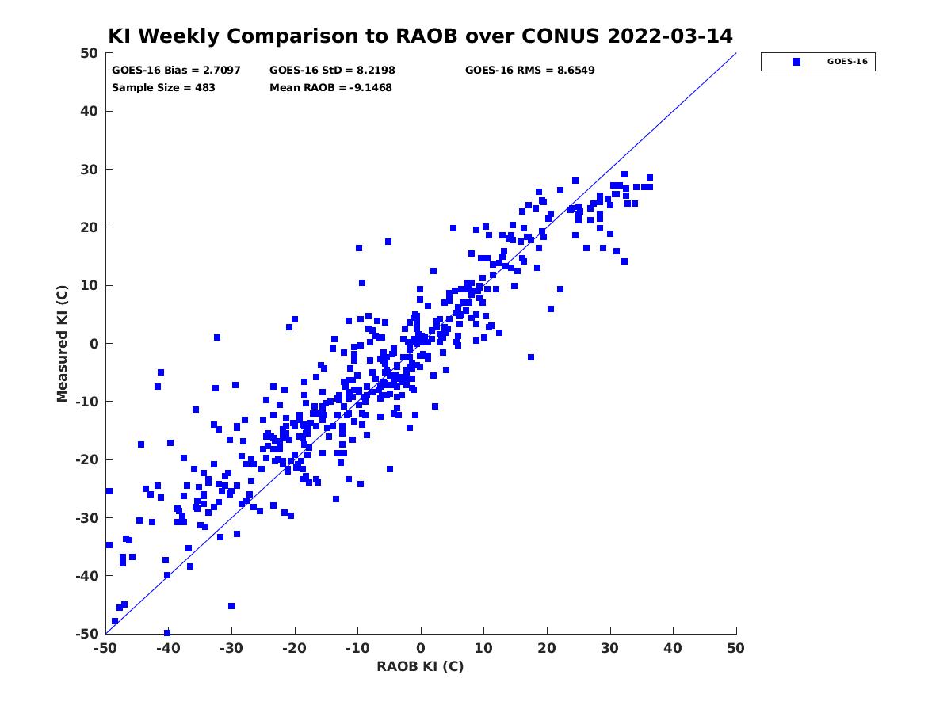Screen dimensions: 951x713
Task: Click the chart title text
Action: point(420,36)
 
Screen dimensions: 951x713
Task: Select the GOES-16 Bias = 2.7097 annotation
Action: point(176,71)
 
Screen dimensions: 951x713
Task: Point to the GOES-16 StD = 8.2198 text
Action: point(332,71)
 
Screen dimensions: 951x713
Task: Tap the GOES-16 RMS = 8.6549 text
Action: point(529,71)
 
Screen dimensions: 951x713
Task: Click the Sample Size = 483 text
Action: point(163,88)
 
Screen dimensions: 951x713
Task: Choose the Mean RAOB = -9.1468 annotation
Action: point(330,88)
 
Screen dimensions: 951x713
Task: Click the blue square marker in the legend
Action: point(796,62)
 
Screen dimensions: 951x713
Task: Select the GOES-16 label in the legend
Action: point(847,62)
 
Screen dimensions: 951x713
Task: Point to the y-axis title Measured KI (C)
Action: point(62,343)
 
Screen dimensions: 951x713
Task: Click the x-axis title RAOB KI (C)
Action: point(420,666)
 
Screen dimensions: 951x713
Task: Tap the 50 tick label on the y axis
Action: point(90,53)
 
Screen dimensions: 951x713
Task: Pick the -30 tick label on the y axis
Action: point(86,518)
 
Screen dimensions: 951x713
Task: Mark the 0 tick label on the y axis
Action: point(94,344)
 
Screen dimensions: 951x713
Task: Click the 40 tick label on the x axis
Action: point(673,648)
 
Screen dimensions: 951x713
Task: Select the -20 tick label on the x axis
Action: point(294,648)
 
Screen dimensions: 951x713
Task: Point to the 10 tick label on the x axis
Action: point(483,648)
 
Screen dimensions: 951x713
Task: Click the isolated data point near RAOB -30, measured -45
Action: point(231,606)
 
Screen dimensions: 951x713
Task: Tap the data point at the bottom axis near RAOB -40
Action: point(167,633)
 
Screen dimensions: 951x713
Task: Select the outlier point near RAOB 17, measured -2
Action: point(531,357)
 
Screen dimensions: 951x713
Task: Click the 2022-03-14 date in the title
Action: point(670,36)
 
